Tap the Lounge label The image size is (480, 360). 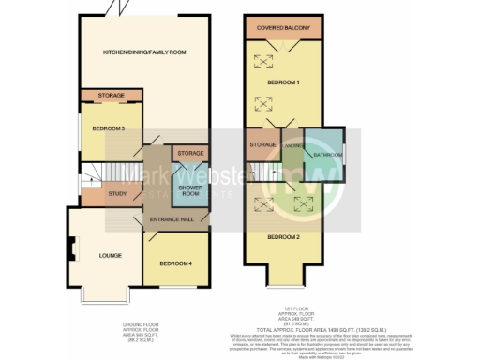click(103, 254)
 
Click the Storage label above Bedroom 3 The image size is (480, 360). click(110, 95)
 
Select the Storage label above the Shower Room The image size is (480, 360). click(190, 153)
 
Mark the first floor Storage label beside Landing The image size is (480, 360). click(262, 146)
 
